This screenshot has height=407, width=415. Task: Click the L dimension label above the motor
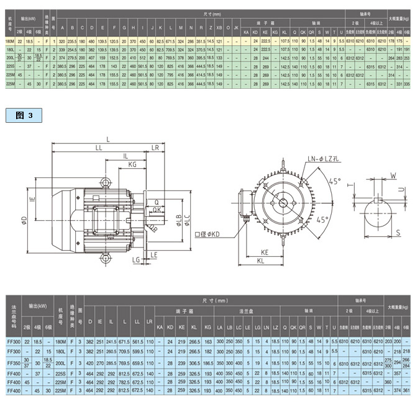(109, 141)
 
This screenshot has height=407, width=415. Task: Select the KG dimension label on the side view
(133, 164)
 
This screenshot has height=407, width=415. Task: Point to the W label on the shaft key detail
(393, 176)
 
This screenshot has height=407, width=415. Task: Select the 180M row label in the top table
(9, 40)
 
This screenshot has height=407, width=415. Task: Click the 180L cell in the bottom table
(60, 351)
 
